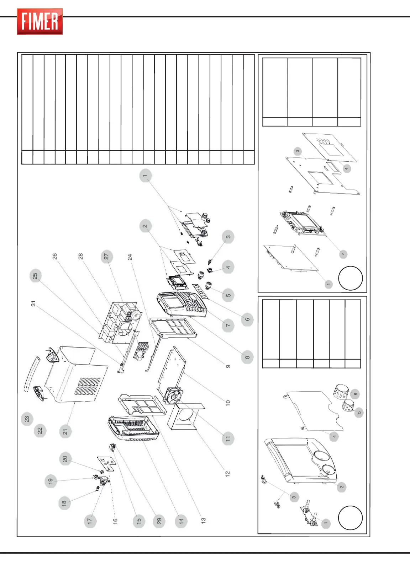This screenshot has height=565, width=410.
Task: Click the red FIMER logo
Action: tap(40, 22)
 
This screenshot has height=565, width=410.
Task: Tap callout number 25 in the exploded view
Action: tap(35, 276)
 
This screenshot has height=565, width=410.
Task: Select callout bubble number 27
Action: tap(106, 257)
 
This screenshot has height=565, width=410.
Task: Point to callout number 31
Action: tap(33, 304)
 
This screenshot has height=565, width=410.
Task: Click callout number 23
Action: tap(27, 419)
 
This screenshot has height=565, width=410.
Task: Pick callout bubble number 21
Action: tap(65, 432)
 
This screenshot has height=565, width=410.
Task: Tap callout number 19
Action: tap(51, 481)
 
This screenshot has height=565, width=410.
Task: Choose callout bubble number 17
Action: tap(90, 521)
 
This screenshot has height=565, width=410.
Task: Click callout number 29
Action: tap(159, 521)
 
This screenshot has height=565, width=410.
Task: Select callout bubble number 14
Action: tap(181, 521)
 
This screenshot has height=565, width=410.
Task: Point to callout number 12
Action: tap(228, 473)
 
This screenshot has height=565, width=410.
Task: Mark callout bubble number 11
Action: tap(228, 438)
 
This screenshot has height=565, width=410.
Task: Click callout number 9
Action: tap(228, 366)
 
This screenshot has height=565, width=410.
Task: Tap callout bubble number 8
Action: tap(247, 357)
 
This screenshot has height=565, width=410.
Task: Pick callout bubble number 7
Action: tap(228, 325)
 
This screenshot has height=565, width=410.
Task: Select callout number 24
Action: tap(130, 257)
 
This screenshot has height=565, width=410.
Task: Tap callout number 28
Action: tap(80, 256)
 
